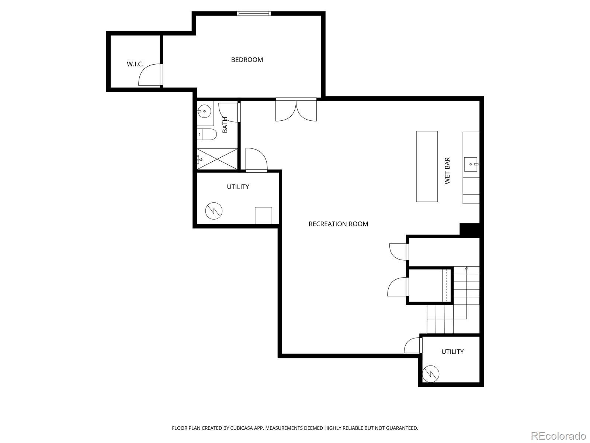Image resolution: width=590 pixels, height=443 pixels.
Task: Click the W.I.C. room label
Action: pyautogui.click(x=135, y=64)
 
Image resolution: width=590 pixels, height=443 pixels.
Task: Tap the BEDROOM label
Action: pyautogui.click(x=247, y=60)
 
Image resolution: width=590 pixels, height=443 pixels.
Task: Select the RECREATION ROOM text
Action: pyautogui.click(x=338, y=224)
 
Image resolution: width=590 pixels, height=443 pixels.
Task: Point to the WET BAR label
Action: pyautogui.click(x=447, y=171)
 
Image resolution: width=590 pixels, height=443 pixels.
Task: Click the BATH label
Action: pyautogui.click(x=225, y=125)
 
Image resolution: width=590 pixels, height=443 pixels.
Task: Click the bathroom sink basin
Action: pyautogui.click(x=204, y=111)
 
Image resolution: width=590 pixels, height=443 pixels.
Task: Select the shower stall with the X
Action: pyautogui.click(x=217, y=159)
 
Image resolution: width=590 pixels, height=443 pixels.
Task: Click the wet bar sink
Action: pyautogui.click(x=471, y=164)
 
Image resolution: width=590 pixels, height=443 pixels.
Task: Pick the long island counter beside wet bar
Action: pyautogui.click(x=427, y=166)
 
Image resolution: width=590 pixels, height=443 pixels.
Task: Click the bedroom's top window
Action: pyautogui.click(x=254, y=14)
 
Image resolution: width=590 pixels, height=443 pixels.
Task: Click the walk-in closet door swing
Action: pyautogui.click(x=149, y=75)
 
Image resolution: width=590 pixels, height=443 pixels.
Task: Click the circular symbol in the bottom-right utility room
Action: pyautogui.click(x=431, y=374)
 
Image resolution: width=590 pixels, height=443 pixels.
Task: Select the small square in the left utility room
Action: pyautogui.click(x=263, y=215)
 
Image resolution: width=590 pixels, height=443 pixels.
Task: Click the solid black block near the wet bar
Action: pyautogui.click(x=470, y=229)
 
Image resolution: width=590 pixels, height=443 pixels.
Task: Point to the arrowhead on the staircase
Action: pyautogui.click(x=466, y=268)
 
